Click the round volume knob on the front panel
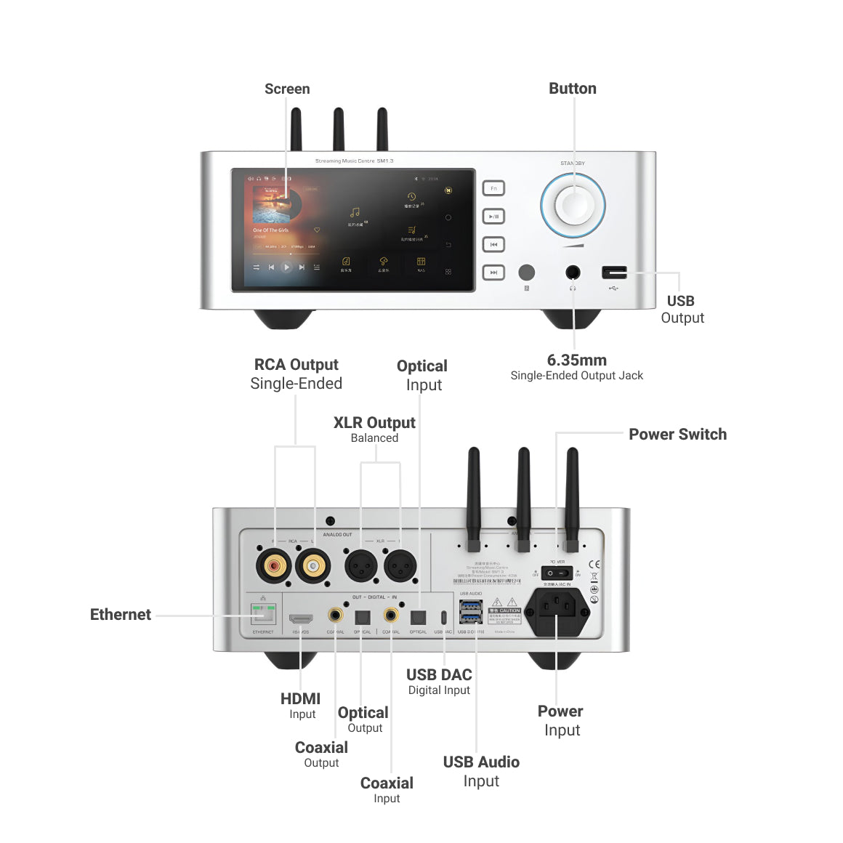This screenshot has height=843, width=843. coord(573,206)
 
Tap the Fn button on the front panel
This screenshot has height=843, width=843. coord(493,188)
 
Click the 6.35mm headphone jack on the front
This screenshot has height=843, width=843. coord(573,273)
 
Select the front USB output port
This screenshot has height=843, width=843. coord(614,273)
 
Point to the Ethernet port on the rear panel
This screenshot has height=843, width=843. coord(263,614)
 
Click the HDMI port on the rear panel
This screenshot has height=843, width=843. coord(301,619)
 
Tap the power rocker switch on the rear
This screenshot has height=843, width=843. coord(557,573)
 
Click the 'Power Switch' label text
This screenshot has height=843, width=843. coord(677,434)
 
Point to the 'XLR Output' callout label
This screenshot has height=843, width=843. coord(374,423)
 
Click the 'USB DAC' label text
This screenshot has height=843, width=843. coord(439,674)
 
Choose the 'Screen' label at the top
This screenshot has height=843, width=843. coord(287,89)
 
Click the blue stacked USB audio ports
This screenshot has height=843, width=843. coord(471,612)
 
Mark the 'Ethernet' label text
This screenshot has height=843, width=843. coord(121,615)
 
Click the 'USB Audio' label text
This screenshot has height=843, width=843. coord(481,762)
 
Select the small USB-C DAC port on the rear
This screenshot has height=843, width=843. coord(443,618)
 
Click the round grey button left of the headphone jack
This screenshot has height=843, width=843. coord(526,273)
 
